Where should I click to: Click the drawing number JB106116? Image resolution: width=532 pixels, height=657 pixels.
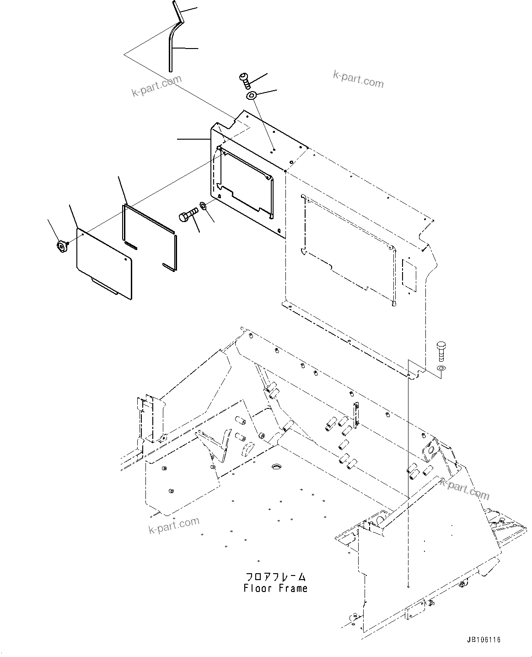click(x=484, y=640)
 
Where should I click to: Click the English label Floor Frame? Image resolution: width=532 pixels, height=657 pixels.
click(x=275, y=588)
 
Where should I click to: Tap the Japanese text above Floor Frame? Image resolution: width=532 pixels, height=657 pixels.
click(x=275, y=577)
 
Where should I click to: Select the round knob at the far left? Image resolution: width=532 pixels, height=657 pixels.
click(x=60, y=247)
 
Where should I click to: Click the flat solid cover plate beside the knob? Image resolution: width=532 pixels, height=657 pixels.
click(x=104, y=264)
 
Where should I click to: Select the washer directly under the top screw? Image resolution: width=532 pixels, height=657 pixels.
click(x=251, y=96)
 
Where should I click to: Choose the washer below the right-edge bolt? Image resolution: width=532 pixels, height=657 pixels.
click(x=441, y=368)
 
